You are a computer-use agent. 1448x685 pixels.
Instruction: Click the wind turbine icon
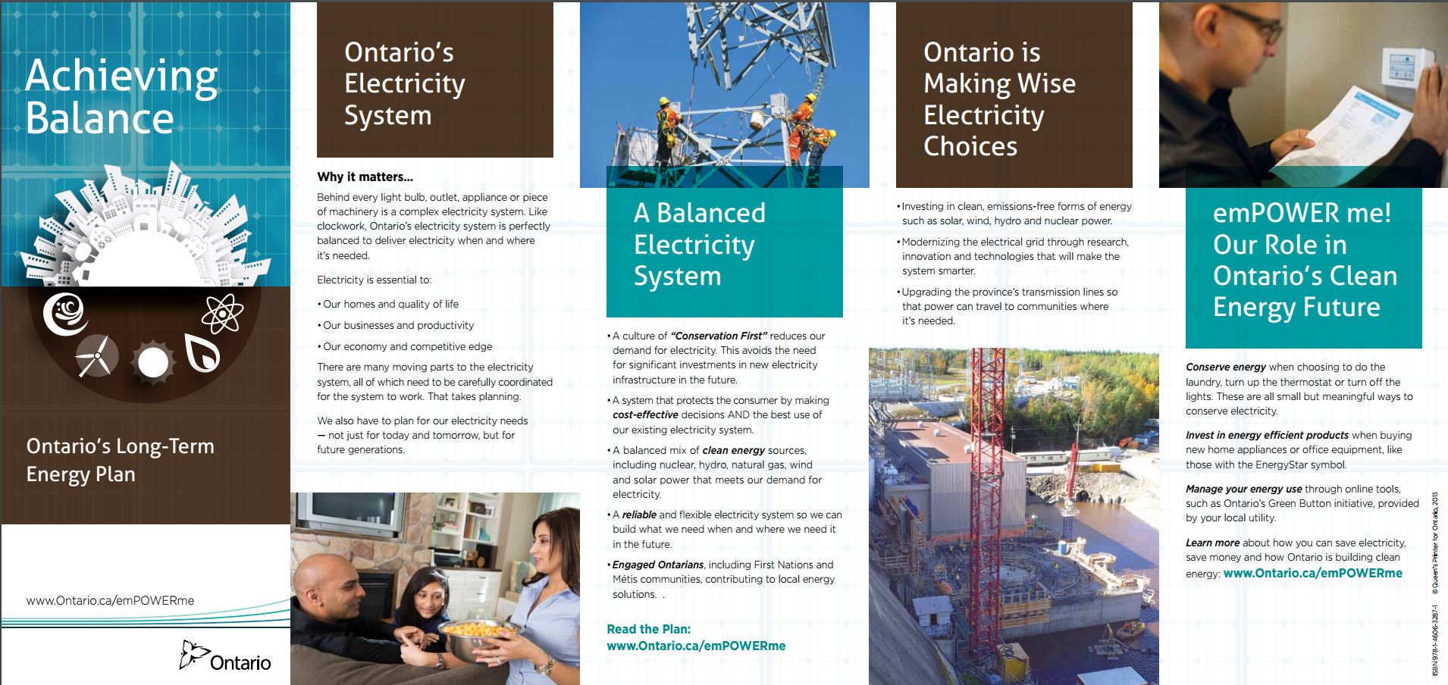(96, 355)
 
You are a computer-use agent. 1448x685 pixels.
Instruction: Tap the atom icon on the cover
(222, 313)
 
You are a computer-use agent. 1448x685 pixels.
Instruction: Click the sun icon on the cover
(152, 361)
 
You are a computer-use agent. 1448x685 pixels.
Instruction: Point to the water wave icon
(65, 314)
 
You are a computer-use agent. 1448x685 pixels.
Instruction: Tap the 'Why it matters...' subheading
(365, 177)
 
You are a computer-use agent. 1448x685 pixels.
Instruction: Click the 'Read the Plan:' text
(648, 629)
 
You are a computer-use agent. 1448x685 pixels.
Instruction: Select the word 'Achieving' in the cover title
(121, 77)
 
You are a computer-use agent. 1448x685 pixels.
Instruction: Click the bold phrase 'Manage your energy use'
(1243, 489)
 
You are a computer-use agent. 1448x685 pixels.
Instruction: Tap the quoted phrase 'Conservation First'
(719, 336)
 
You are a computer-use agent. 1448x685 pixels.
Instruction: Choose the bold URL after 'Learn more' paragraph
(1312, 573)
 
